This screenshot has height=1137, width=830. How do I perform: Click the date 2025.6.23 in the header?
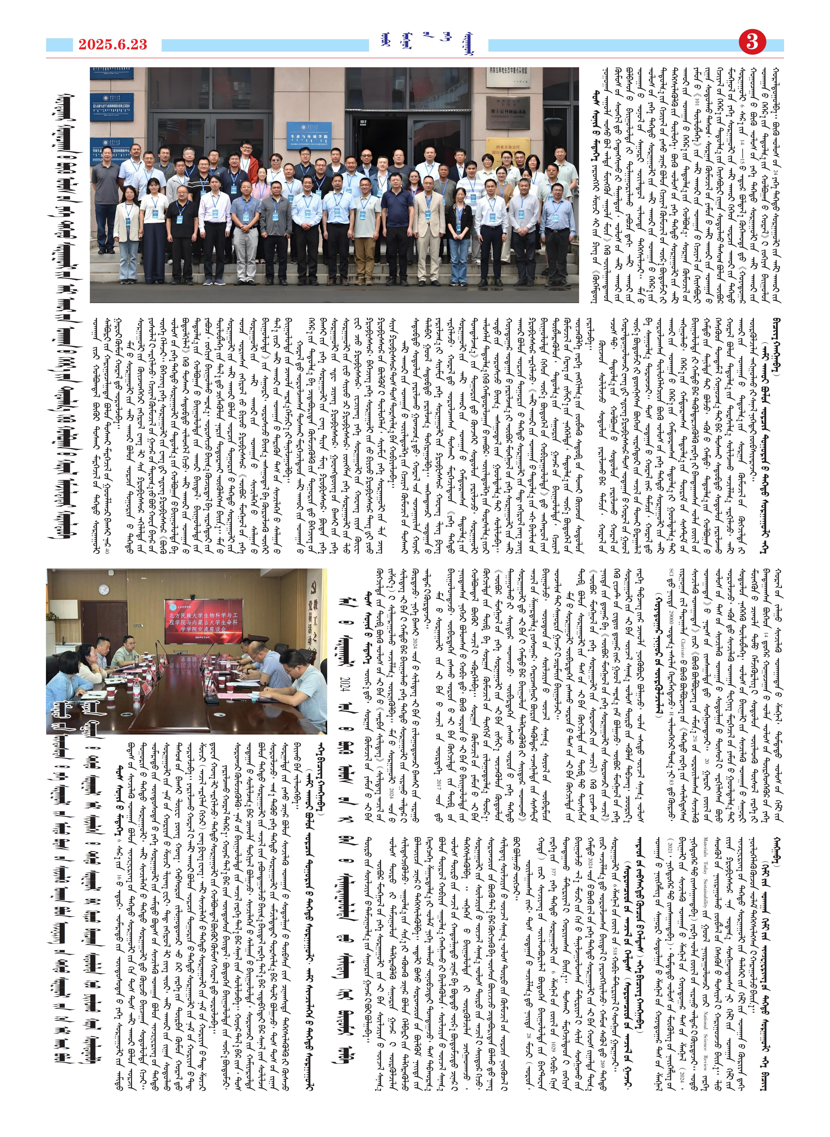coord(112,45)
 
